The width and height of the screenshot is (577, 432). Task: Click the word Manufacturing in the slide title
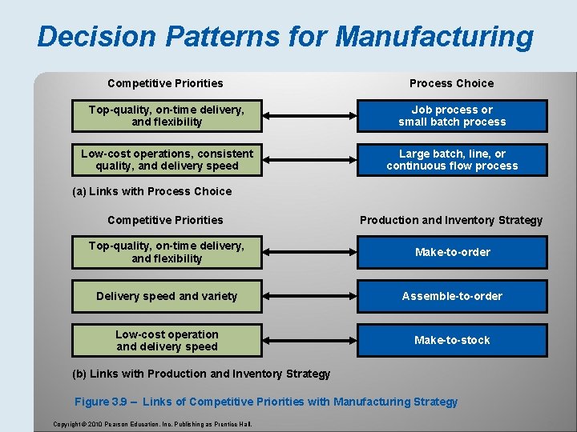pyautogui.click(x=434, y=37)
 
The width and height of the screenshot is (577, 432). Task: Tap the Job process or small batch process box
pyautogui.click(x=452, y=116)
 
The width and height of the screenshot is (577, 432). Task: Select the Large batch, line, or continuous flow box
pyautogui.click(x=452, y=160)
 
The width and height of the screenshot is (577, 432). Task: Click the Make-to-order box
pyautogui.click(x=452, y=252)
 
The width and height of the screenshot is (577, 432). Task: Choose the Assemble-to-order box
pyautogui.click(x=452, y=296)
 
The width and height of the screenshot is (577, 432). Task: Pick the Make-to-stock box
pyautogui.click(x=452, y=340)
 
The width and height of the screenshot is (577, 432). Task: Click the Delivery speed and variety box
pyautogui.click(x=167, y=296)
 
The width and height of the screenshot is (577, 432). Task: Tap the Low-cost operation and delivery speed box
pyautogui.click(x=167, y=340)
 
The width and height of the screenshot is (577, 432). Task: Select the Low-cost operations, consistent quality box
pyautogui.click(x=167, y=160)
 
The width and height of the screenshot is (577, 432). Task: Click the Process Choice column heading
pyautogui.click(x=452, y=83)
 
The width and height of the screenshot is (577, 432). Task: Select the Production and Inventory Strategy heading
pyautogui.click(x=451, y=220)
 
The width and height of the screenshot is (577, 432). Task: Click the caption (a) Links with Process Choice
pyautogui.click(x=151, y=191)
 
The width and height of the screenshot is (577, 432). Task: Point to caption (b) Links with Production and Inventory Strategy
pyautogui.click(x=201, y=374)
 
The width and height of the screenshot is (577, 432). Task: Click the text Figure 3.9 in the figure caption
pyautogui.click(x=102, y=402)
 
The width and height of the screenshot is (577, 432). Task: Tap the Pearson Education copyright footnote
pyautogui.click(x=152, y=423)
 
